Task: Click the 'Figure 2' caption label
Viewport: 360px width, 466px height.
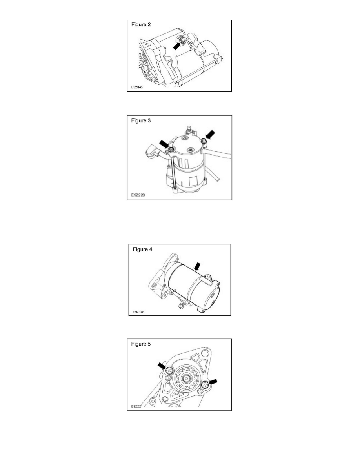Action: tap(141, 24)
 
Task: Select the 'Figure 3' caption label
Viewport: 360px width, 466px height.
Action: tap(141, 121)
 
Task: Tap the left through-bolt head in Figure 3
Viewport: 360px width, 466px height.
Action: tap(172, 150)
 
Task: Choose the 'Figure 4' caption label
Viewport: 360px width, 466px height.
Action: tap(142, 249)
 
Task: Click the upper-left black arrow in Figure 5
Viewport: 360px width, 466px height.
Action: tap(162, 366)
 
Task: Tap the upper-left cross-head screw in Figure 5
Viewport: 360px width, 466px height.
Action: tap(169, 370)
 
